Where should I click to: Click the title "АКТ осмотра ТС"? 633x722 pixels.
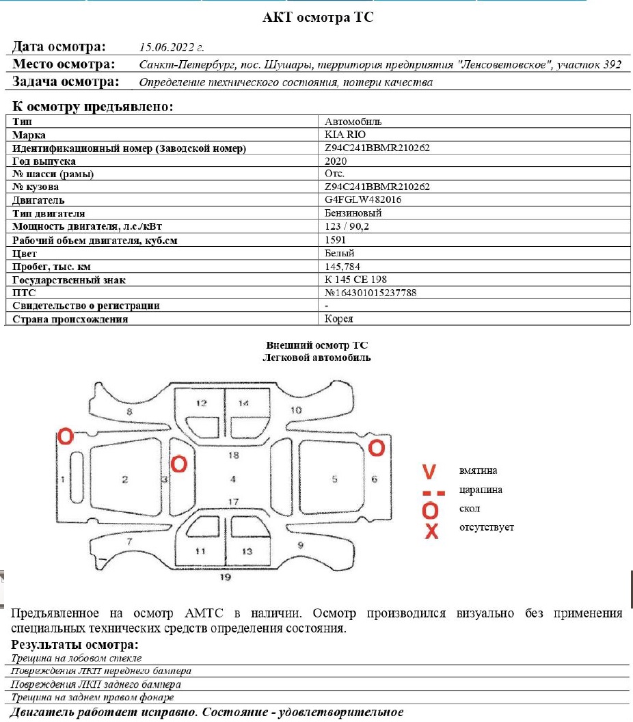[318, 18]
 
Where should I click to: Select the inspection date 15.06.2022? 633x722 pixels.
[172, 48]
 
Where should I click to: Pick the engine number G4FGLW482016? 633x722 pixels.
[363, 200]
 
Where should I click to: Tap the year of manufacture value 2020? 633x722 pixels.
[336, 161]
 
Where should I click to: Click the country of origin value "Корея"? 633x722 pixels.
[339, 319]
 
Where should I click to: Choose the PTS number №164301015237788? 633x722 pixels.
[371, 293]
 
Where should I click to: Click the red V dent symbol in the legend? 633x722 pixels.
[429, 472]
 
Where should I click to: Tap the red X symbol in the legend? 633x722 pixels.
[431, 531]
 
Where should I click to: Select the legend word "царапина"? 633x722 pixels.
[482, 490]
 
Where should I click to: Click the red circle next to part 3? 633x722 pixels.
[179, 464]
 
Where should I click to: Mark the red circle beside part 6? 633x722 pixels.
[377, 448]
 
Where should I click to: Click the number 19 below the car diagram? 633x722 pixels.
[226, 577]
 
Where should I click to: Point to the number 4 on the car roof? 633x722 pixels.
[233, 479]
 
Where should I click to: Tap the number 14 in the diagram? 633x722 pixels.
[243, 403]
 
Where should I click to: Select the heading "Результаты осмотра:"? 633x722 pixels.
[75, 645]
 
